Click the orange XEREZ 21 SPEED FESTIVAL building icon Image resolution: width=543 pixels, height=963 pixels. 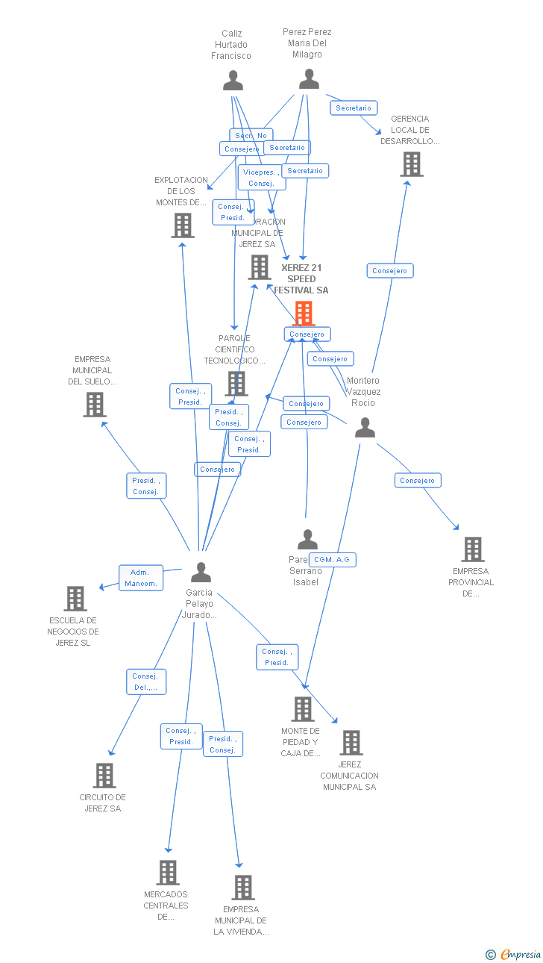click(304, 313)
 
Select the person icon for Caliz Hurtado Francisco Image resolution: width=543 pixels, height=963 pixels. click(233, 81)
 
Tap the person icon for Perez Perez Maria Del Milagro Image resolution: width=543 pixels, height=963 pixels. click(309, 79)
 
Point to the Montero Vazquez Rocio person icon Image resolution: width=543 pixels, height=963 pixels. click(365, 428)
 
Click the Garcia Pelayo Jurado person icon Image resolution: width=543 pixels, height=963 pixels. click(201, 573)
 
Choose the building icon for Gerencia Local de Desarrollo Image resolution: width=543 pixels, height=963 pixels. click(411, 164)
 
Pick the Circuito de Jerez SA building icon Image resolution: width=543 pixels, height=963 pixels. click(104, 776)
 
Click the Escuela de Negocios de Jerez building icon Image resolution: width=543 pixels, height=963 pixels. click(75, 599)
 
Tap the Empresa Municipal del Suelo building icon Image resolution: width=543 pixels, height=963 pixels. click(94, 405)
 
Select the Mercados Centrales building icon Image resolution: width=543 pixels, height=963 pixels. click(168, 872)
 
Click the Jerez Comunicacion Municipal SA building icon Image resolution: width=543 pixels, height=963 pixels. click(351, 743)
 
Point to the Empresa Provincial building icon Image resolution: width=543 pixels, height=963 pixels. click(472, 549)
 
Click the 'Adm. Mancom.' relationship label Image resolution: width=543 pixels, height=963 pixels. click(141, 578)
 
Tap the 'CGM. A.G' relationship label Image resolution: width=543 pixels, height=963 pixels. click(332, 559)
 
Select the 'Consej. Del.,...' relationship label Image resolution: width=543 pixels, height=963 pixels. click(145, 682)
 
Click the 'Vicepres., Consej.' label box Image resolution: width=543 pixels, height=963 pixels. click(262, 178)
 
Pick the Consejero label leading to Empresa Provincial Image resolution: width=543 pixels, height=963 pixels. click(418, 481)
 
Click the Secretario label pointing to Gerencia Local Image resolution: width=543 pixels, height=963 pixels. click(354, 108)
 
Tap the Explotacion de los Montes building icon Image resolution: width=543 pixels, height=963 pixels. click(183, 225)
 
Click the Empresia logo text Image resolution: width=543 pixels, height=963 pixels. click(521, 954)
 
